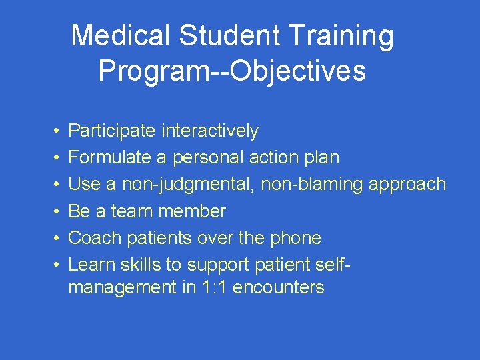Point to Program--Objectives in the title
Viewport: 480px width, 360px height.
232,71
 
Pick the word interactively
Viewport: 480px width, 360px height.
209,131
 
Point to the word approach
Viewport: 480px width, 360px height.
407,185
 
